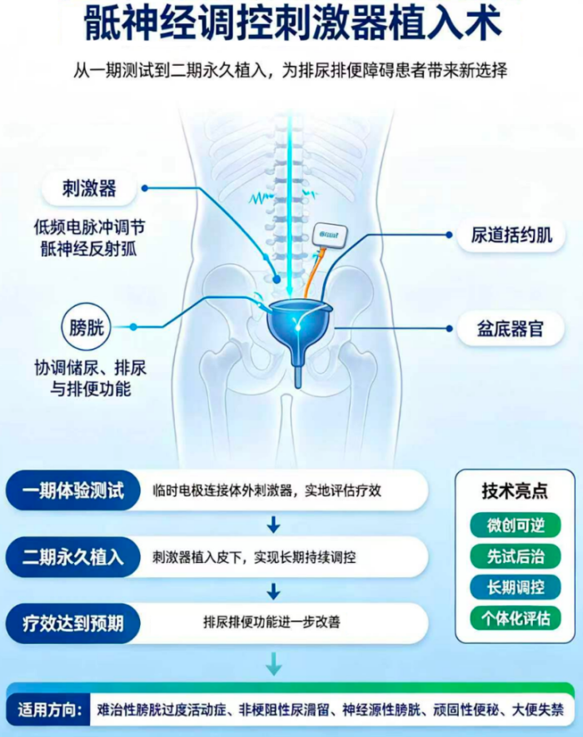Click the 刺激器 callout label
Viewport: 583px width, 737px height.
(x=89, y=188)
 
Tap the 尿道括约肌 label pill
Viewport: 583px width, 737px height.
(x=511, y=235)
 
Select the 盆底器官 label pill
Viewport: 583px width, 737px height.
(x=511, y=329)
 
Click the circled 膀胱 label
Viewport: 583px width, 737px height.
(x=86, y=327)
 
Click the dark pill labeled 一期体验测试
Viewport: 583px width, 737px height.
(x=73, y=491)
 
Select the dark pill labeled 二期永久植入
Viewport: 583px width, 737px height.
(x=73, y=557)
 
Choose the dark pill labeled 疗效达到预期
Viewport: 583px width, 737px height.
(x=73, y=624)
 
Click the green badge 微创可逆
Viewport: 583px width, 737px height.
(x=516, y=525)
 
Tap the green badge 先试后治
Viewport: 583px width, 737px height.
(x=516, y=556)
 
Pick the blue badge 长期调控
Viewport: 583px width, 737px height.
(x=516, y=587)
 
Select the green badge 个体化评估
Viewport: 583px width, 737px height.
(x=516, y=618)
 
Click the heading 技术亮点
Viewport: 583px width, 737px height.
(x=515, y=491)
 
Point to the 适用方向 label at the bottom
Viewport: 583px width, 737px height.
(x=50, y=710)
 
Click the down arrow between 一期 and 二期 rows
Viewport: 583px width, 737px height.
(x=274, y=524)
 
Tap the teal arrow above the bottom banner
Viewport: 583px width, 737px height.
(x=274, y=663)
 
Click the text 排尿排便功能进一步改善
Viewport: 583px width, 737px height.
(x=272, y=622)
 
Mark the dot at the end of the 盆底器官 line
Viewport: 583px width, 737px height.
(x=449, y=329)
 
